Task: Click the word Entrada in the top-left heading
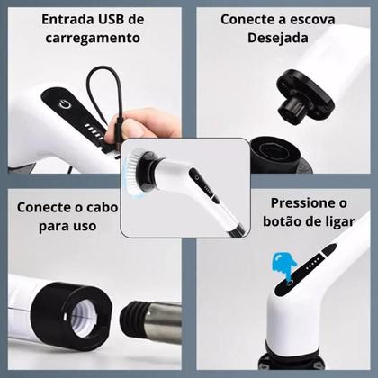(x=48, y=20)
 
